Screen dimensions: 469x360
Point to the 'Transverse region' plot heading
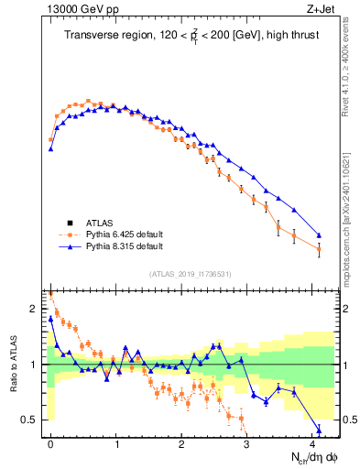[x=191, y=37]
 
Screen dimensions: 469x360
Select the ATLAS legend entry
[x=100, y=223]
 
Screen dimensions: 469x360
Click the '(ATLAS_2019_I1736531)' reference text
[x=191, y=274]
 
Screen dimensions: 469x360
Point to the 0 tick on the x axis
[x=51, y=443]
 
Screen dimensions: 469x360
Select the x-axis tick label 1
[x=116, y=443]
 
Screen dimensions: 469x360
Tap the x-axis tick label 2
[x=182, y=443]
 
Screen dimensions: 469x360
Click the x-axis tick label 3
[x=247, y=443]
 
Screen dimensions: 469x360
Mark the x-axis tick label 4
[x=312, y=443]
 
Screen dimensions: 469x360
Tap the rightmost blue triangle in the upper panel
[x=319, y=234]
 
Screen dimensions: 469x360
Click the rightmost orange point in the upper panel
[x=319, y=249]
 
